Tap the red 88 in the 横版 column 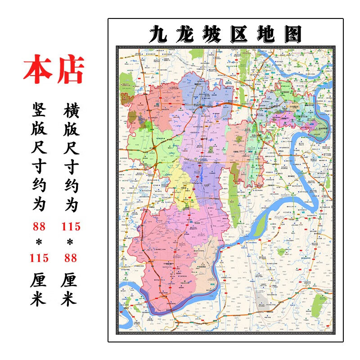tap(70, 258)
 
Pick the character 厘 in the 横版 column tap(70, 279)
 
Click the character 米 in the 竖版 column tap(39, 299)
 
